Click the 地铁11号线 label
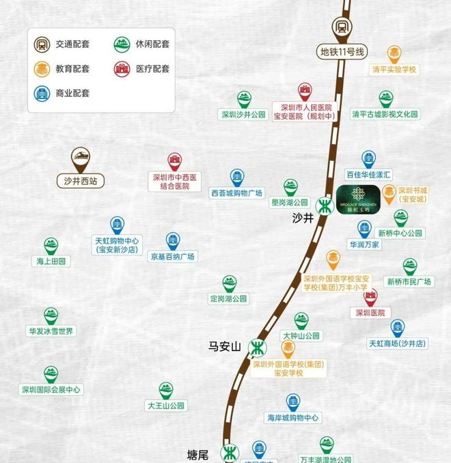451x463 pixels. (x=343, y=52)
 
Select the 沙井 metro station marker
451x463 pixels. (x=325, y=205)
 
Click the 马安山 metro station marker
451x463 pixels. (x=257, y=348)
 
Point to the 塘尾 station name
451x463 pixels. (x=197, y=454)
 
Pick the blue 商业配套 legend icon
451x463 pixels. (x=42, y=93)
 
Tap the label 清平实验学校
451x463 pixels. (x=394, y=70)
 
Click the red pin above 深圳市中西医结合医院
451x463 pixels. (x=175, y=160)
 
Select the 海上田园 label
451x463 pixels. (x=51, y=261)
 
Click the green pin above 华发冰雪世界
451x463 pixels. (x=51, y=315)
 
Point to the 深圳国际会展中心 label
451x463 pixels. (x=51, y=390)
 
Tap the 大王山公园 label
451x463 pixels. (x=166, y=406)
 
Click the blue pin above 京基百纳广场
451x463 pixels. (x=172, y=240)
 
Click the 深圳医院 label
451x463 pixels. (x=370, y=313)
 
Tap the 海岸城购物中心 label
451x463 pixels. (x=293, y=418)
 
